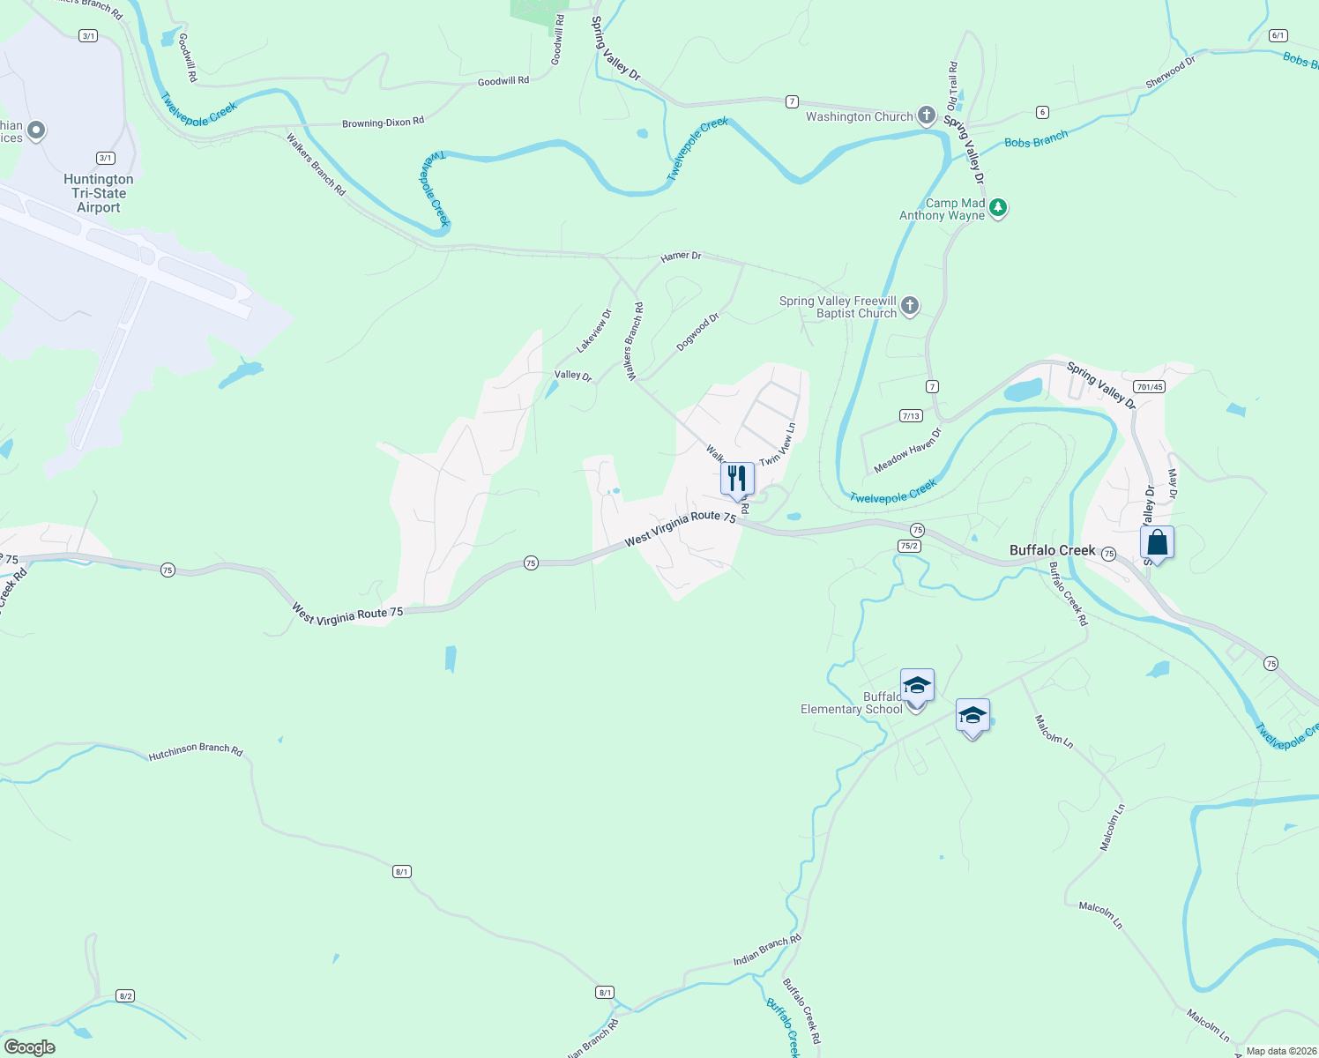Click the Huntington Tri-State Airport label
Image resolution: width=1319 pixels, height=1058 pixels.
[98, 193]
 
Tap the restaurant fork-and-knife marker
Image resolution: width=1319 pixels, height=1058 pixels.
[737, 479]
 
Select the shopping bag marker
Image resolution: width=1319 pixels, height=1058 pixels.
[1157, 543]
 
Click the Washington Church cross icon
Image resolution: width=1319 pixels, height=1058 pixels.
[927, 115]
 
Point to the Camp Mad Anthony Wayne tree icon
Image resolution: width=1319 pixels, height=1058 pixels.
[998, 208]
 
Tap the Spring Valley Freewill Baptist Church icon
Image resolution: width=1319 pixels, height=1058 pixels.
[910, 306]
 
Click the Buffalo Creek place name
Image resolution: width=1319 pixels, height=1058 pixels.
[1052, 550]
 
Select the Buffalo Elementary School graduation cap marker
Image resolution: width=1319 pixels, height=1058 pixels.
[917, 686]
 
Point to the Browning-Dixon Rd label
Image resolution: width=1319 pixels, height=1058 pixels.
[383, 123]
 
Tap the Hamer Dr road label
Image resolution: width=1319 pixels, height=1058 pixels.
[681, 257]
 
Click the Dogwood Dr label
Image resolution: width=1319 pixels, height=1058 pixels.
[697, 332]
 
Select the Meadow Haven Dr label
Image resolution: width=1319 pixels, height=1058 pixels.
[907, 450]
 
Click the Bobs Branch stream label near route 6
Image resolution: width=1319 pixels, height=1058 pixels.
[1036, 138]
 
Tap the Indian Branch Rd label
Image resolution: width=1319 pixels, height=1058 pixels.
[767, 950]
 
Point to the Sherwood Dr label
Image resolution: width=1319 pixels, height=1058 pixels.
[1170, 72]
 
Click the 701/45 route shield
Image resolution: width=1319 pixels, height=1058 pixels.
[1150, 387]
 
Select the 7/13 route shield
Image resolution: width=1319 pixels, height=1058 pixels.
[911, 416]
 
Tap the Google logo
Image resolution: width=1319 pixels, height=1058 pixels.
[30, 1047]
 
